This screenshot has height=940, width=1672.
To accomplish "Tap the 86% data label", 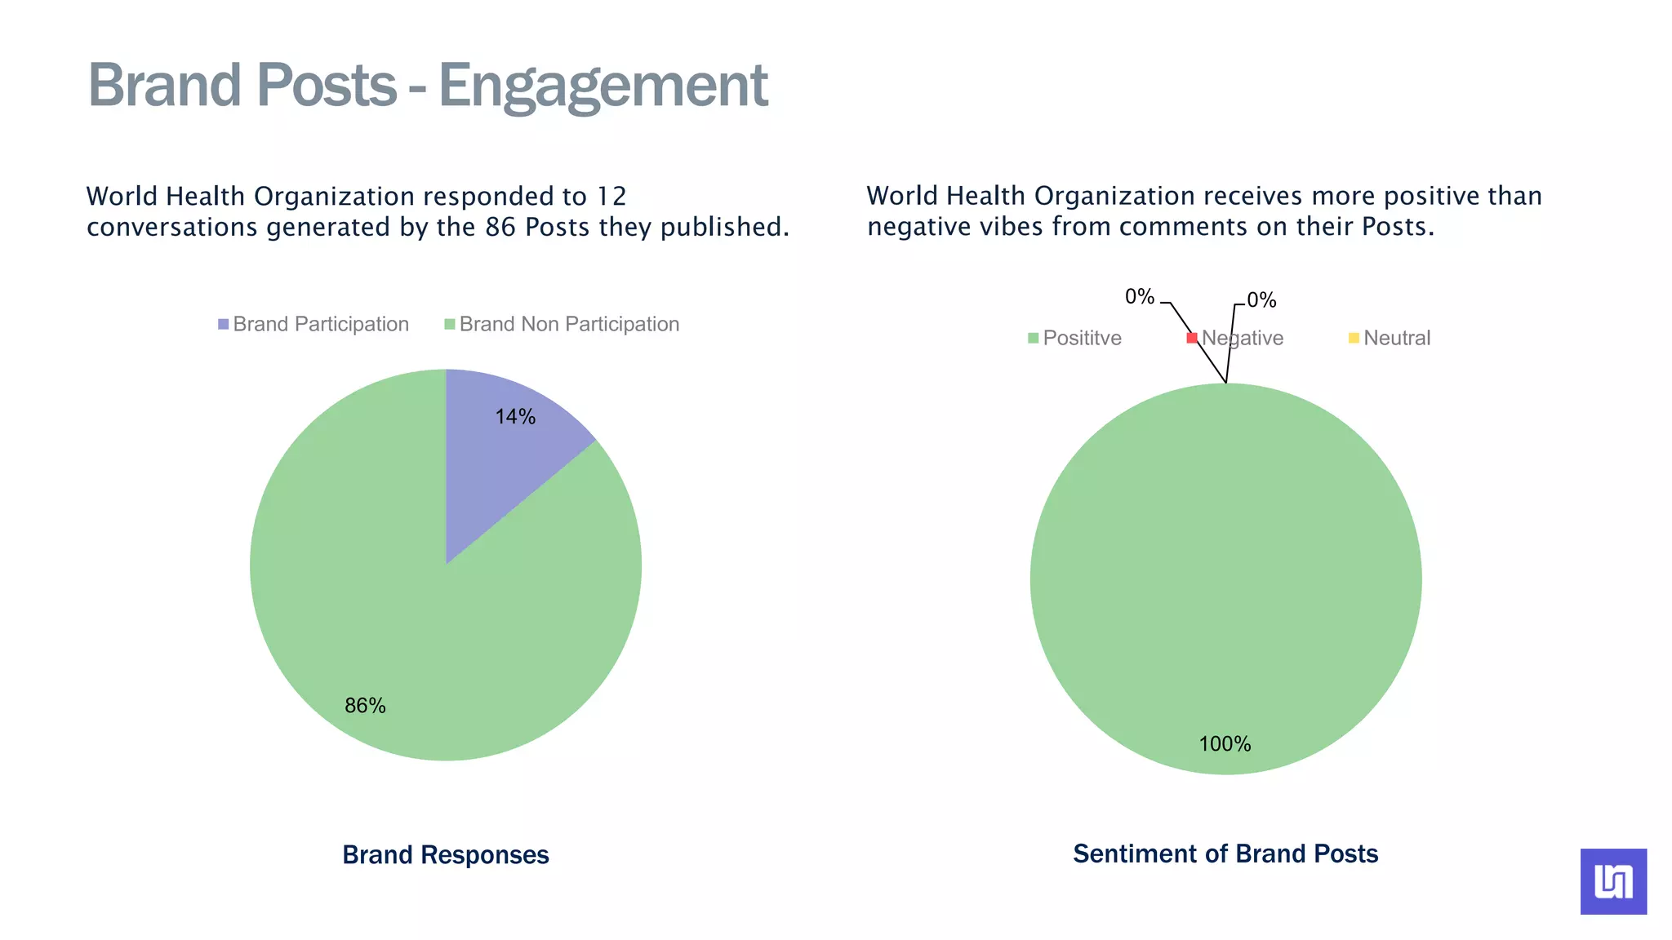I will (x=365, y=706).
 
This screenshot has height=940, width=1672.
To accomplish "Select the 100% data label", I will (x=1225, y=744).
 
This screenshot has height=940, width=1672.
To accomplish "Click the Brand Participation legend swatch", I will (x=224, y=325).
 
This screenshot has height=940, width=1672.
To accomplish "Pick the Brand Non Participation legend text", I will (x=569, y=325).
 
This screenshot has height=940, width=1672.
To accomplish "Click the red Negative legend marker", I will (x=1192, y=338).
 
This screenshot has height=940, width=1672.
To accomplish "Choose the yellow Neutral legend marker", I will (x=1354, y=338).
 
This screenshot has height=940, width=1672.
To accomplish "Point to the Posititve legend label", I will (x=1082, y=339).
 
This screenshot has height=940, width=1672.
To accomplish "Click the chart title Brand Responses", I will (x=445, y=855).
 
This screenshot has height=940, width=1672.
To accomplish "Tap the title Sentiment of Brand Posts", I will (x=1225, y=854).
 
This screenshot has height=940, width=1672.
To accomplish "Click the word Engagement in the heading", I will (x=603, y=86).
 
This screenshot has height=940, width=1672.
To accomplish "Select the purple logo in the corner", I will (x=1613, y=881).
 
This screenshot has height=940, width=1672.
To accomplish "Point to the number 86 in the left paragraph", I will (x=500, y=228).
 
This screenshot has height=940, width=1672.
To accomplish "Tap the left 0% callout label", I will (x=1140, y=297).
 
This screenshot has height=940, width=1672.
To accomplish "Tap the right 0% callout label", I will (x=1261, y=300).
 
